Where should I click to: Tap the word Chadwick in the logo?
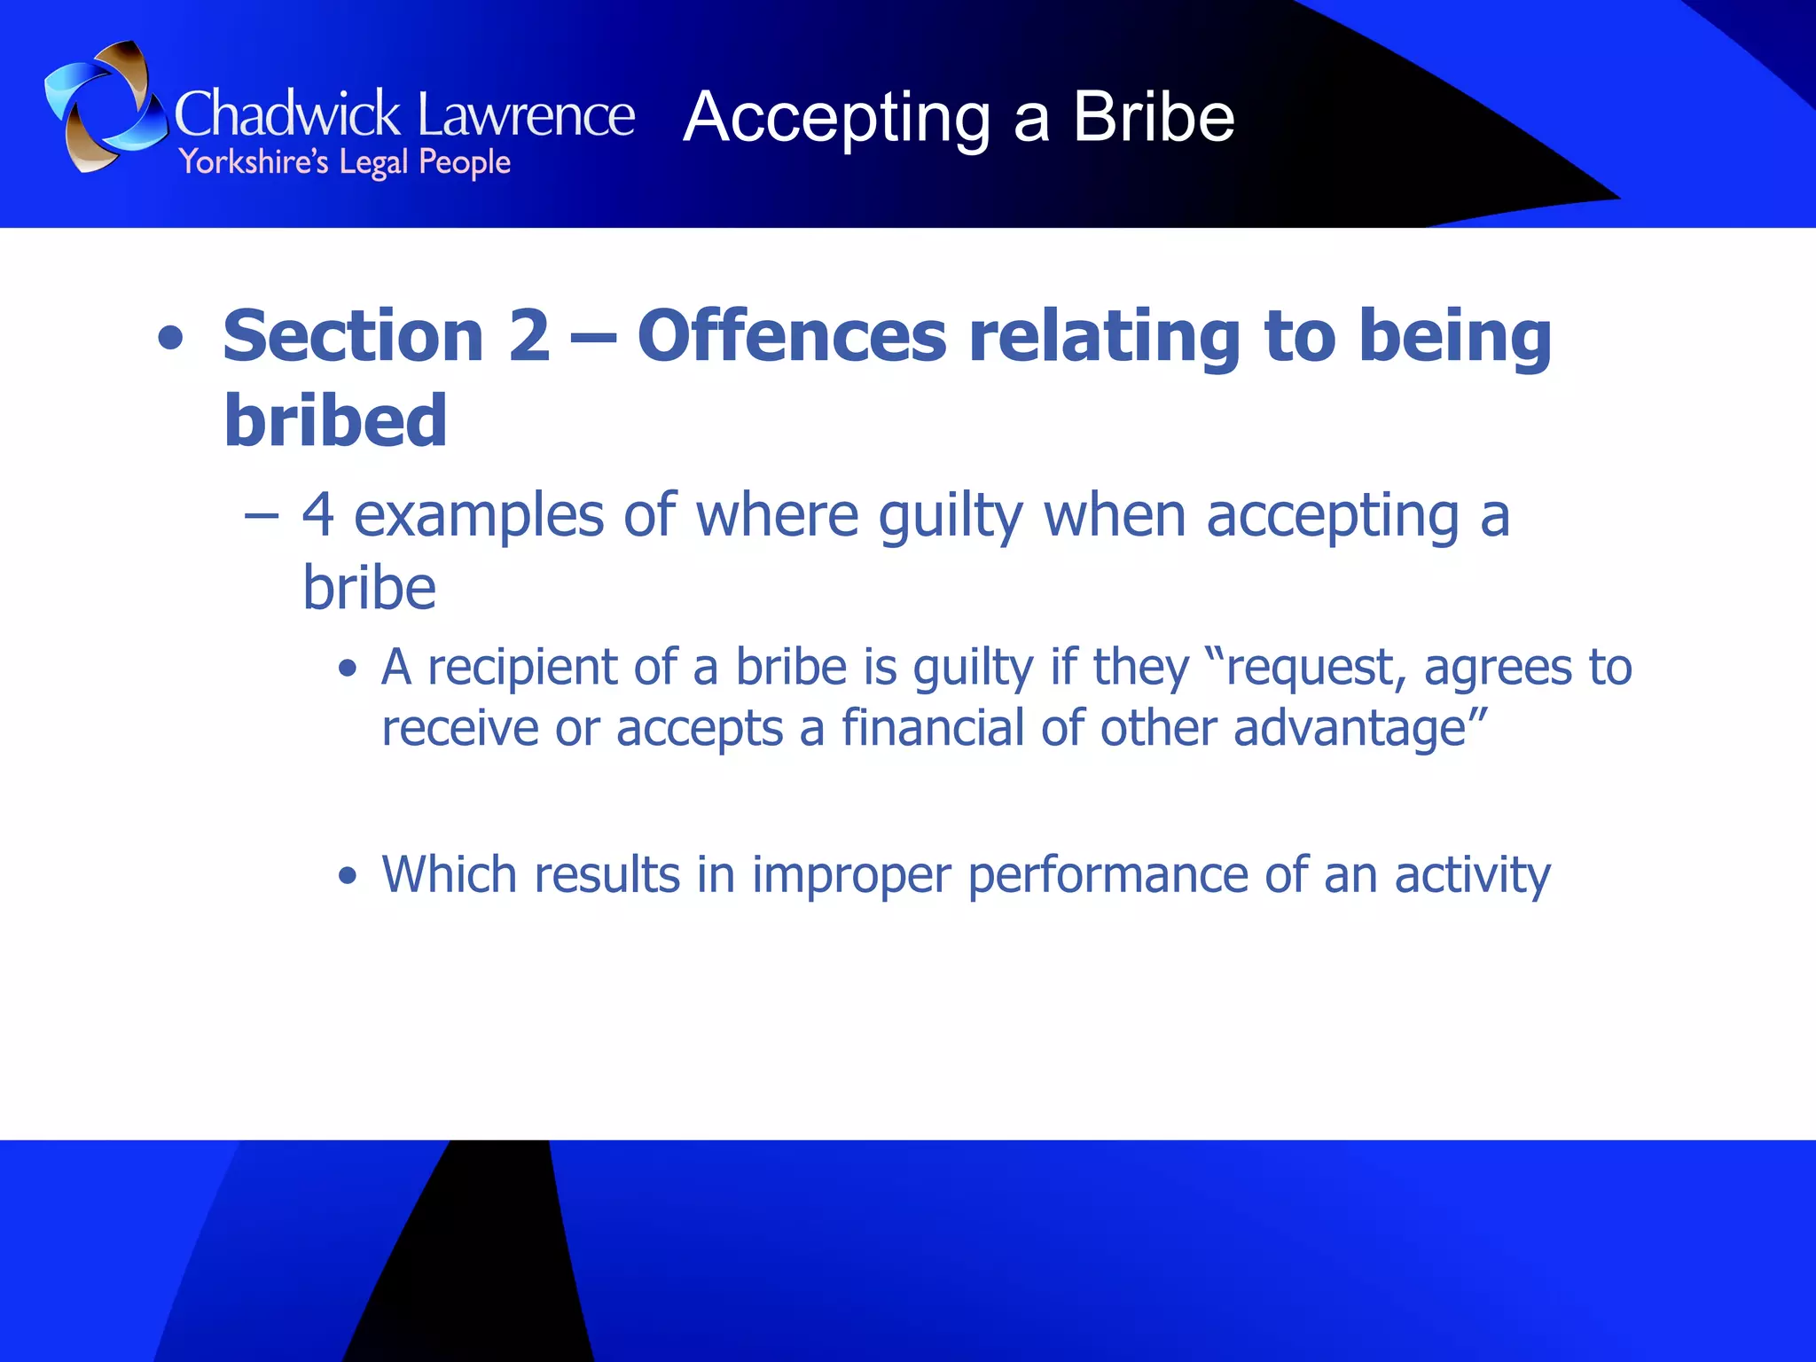(x=287, y=115)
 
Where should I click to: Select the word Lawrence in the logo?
(x=526, y=115)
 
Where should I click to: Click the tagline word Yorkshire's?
(x=254, y=163)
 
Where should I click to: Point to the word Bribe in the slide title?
(x=1154, y=117)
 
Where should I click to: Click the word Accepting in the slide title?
(x=837, y=119)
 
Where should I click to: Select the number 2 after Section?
(x=529, y=336)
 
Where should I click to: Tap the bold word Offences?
(x=792, y=336)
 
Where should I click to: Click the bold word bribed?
(x=335, y=420)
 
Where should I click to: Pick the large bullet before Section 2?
(x=170, y=338)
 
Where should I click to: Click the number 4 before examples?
(x=318, y=515)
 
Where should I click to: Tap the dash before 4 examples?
(x=262, y=515)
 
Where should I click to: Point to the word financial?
(x=932, y=728)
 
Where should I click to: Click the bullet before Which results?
(x=348, y=876)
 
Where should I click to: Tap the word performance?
(x=1108, y=876)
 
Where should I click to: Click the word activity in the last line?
(x=1472, y=876)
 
